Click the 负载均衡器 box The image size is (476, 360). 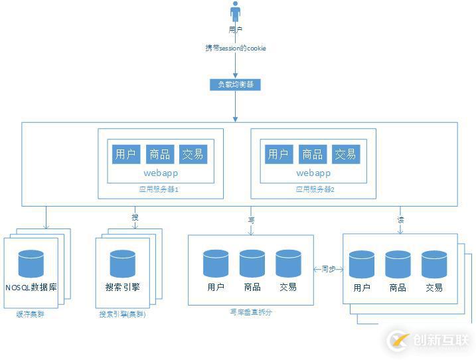tap(235, 84)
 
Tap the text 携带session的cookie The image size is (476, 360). tap(235, 48)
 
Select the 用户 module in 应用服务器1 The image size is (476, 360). tap(125, 154)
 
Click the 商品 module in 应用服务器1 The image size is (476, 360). tap(159, 154)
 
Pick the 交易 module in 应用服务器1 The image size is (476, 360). tap(193, 154)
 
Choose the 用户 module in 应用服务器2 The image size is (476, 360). tap(278, 154)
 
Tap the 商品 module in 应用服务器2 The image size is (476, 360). tap(312, 154)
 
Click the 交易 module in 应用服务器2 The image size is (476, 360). tap(345, 154)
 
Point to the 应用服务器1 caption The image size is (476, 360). tap(161, 189)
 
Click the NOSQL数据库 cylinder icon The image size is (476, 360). tap(31, 263)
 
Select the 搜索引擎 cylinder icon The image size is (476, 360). tap(122, 263)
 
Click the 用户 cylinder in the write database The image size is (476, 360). tap(216, 263)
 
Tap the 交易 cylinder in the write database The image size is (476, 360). tap(288, 263)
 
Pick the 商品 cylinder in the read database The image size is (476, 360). tap(398, 264)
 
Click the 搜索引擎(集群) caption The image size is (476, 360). tap(122, 314)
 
